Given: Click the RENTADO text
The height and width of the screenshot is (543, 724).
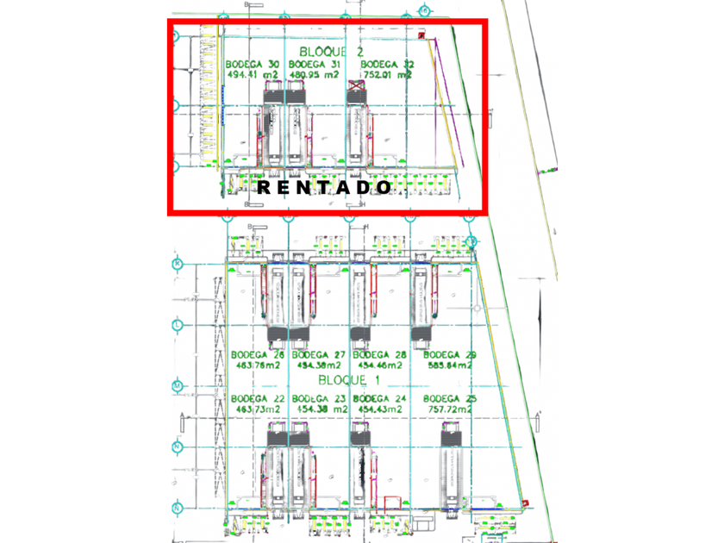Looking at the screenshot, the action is [324, 187].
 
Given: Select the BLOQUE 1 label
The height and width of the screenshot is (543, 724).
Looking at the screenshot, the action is [348, 380].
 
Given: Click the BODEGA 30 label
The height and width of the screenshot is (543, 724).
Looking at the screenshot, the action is [253, 65].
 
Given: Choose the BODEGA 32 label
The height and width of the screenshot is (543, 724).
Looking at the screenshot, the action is [387, 65].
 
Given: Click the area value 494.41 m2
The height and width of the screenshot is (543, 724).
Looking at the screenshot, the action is [253, 75].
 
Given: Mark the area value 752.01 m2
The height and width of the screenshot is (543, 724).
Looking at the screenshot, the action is [387, 75].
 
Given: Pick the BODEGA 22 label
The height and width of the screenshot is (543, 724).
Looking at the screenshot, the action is [257, 398].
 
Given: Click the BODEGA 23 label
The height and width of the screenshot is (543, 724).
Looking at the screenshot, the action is [318, 398].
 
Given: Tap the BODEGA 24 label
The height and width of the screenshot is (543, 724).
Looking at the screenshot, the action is [379, 398].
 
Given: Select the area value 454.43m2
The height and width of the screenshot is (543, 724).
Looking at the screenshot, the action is [379, 409].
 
